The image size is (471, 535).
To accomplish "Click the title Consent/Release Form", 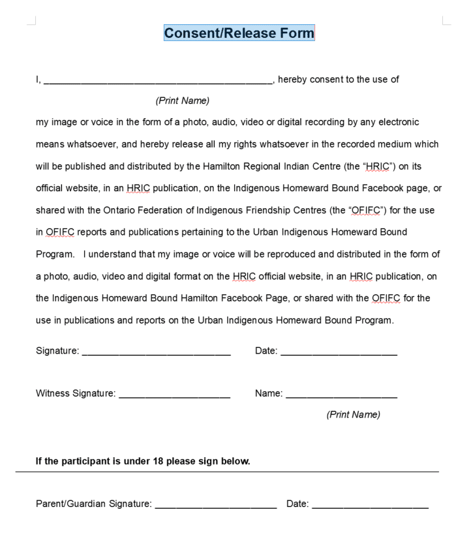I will click(x=239, y=33).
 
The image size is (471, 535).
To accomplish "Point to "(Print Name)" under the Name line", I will click(x=353, y=414).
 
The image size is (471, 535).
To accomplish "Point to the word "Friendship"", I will click(x=278, y=211).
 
